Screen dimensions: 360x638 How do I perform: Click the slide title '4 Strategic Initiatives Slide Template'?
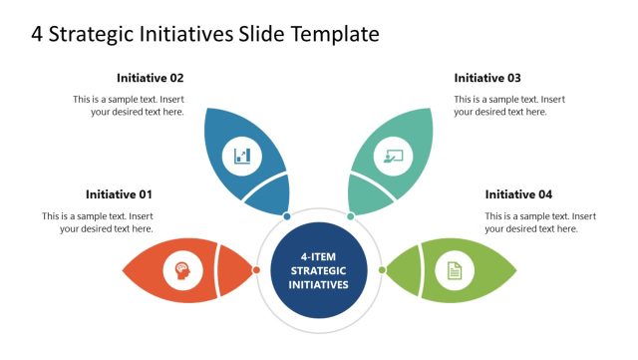coord(205,34)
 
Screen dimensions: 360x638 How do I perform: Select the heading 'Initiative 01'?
coord(119,194)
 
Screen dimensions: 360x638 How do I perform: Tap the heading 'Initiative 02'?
coord(150,78)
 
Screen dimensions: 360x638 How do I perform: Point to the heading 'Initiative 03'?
coord(487,78)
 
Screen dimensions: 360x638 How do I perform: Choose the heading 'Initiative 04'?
coord(518,194)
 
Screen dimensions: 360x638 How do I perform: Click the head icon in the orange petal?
coord(182,270)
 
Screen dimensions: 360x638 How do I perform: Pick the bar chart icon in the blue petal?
coord(242,156)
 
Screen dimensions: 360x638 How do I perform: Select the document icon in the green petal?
coord(455,270)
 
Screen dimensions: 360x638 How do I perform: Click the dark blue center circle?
coord(319,270)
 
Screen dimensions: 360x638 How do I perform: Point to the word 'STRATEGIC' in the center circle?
coord(319,270)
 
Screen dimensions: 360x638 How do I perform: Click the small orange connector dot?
coord(256,270)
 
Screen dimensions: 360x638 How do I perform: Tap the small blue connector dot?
coord(287,215)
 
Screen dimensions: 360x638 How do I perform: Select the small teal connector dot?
coord(350,215)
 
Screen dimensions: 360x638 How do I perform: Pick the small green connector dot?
coord(381,270)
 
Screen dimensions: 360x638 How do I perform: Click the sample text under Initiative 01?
coord(98,222)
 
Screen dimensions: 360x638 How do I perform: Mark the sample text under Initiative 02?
coord(129,106)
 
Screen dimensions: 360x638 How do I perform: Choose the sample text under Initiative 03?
coord(509,106)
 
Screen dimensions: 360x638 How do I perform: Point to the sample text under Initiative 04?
coord(540,222)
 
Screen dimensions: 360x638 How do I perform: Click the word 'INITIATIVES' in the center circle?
coord(319,284)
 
